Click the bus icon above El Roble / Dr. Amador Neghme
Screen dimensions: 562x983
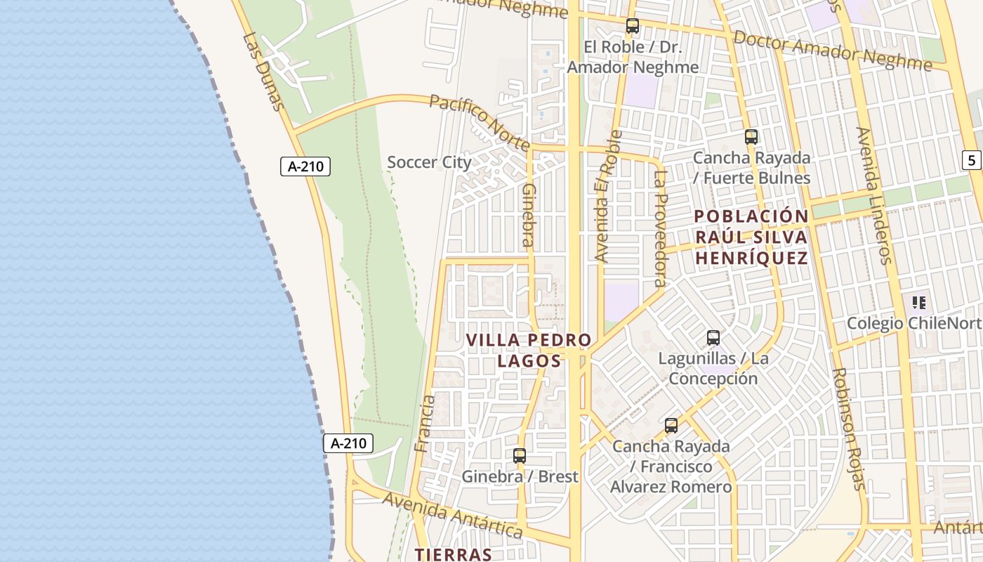coord(633,27)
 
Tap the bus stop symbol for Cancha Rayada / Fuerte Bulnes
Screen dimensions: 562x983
coord(751,137)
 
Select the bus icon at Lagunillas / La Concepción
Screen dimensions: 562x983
coord(713,338)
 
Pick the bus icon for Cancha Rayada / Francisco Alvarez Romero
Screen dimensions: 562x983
coord(671,426)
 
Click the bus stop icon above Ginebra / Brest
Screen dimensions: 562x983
coord(520,456)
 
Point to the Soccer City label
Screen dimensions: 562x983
coord(430,162)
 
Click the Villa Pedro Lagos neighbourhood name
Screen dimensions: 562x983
coord(529,351)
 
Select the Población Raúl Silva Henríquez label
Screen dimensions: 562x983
coord(751,237)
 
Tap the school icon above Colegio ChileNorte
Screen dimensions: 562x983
coord(919,303)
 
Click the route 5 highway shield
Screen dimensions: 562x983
coord(972,160)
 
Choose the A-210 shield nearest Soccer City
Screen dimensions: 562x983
coord(305,166)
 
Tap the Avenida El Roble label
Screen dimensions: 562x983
coord(608,196)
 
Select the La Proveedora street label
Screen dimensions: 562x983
coord(659,228)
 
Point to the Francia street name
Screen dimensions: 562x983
coord(425,423)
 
